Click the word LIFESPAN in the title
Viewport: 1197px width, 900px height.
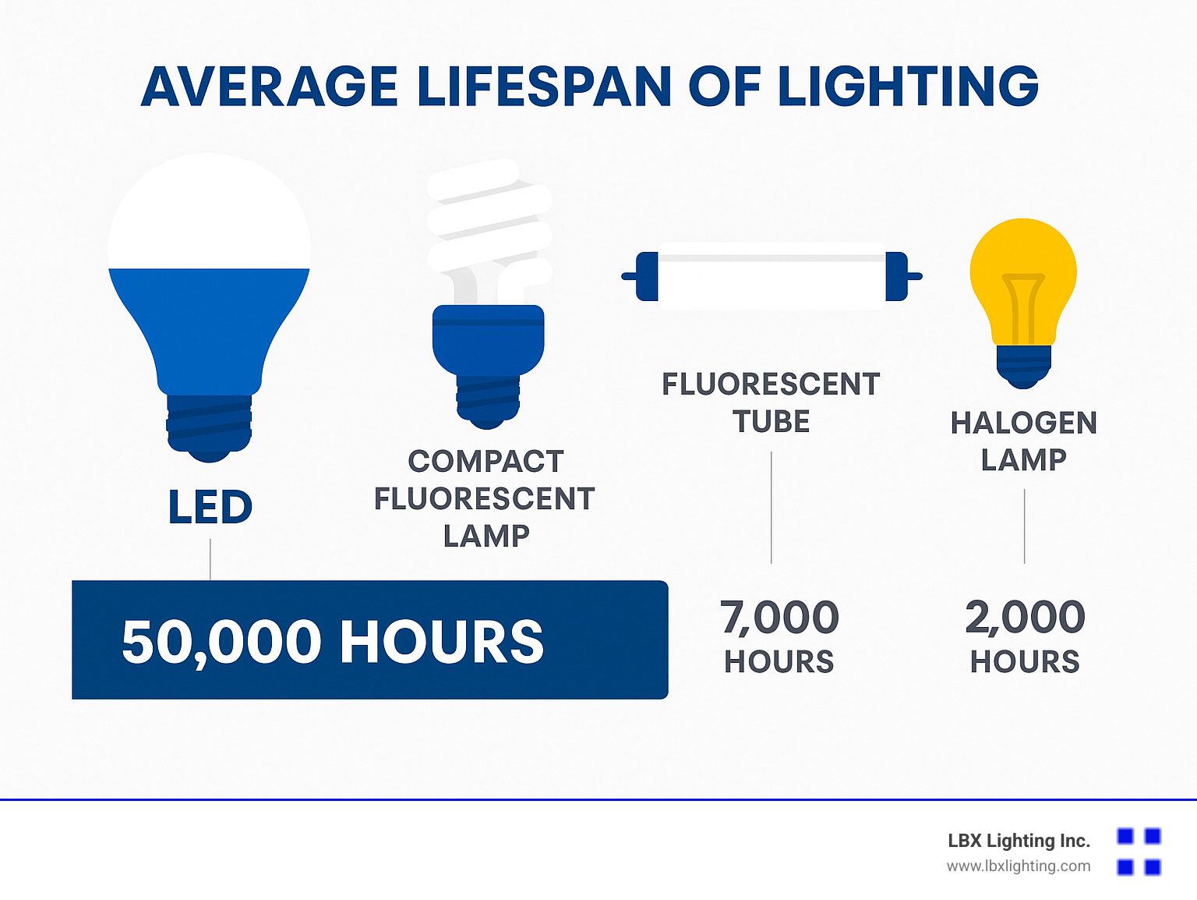[544, 87]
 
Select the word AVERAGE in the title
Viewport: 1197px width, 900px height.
[270, 87]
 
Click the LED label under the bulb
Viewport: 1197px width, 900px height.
[210, 507]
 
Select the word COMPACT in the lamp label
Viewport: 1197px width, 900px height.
[486, 462]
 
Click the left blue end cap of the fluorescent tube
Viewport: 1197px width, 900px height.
[647, 276]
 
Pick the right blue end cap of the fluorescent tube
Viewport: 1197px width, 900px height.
[897, 276]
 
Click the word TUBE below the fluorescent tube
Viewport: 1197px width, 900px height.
[772, 422]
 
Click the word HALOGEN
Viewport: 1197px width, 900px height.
[1024, 423]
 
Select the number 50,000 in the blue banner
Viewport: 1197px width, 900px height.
[221, 642]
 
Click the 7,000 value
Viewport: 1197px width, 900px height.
[779, 618]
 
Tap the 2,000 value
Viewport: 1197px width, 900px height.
[1025, 618]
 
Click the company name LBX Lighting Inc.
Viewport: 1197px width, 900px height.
[1019, 841]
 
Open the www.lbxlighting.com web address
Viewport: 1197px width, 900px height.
[1019, 866]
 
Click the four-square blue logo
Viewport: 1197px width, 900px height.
[1139, 852]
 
